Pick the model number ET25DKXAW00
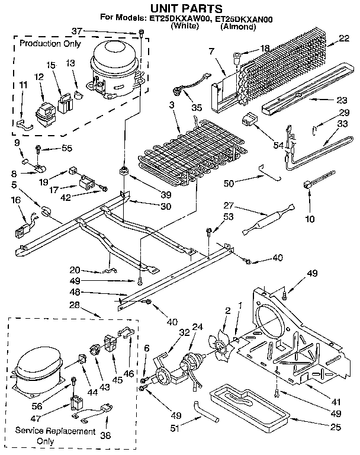pos(186,19)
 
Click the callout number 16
pos(14,201)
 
